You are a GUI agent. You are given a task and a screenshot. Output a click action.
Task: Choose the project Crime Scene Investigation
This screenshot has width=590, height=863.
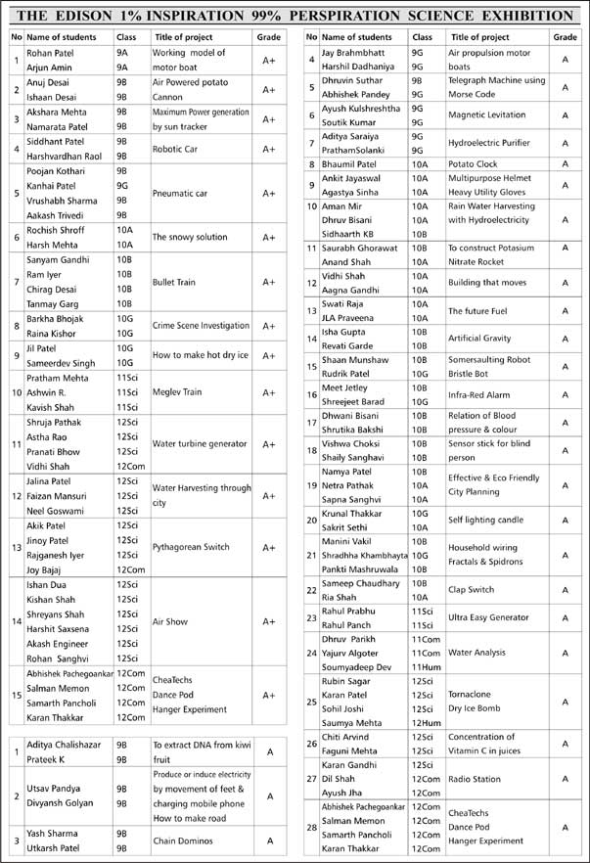click(x=201, y=326)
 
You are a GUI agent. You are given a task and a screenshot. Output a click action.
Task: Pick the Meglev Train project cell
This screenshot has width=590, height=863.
click(x=177, y=392)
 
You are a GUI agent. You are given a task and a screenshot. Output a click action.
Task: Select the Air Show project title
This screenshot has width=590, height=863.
click(x=170, y=620)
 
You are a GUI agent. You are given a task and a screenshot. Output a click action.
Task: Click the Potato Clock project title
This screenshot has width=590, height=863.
click(x=473, y=164)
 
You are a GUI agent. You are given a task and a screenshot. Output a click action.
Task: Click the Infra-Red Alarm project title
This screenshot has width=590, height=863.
click(x=478, y=395)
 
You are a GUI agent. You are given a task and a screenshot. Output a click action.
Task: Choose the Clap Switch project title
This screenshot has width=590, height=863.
click(x=471, y=590)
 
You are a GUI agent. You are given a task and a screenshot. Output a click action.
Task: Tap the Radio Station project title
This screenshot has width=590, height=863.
click(x=476, y=779)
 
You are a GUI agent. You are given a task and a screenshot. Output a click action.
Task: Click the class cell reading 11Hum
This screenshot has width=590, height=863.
click(x=426, y=666)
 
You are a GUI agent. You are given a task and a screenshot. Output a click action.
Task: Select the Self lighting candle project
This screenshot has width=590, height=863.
click(x=485, y=520)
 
